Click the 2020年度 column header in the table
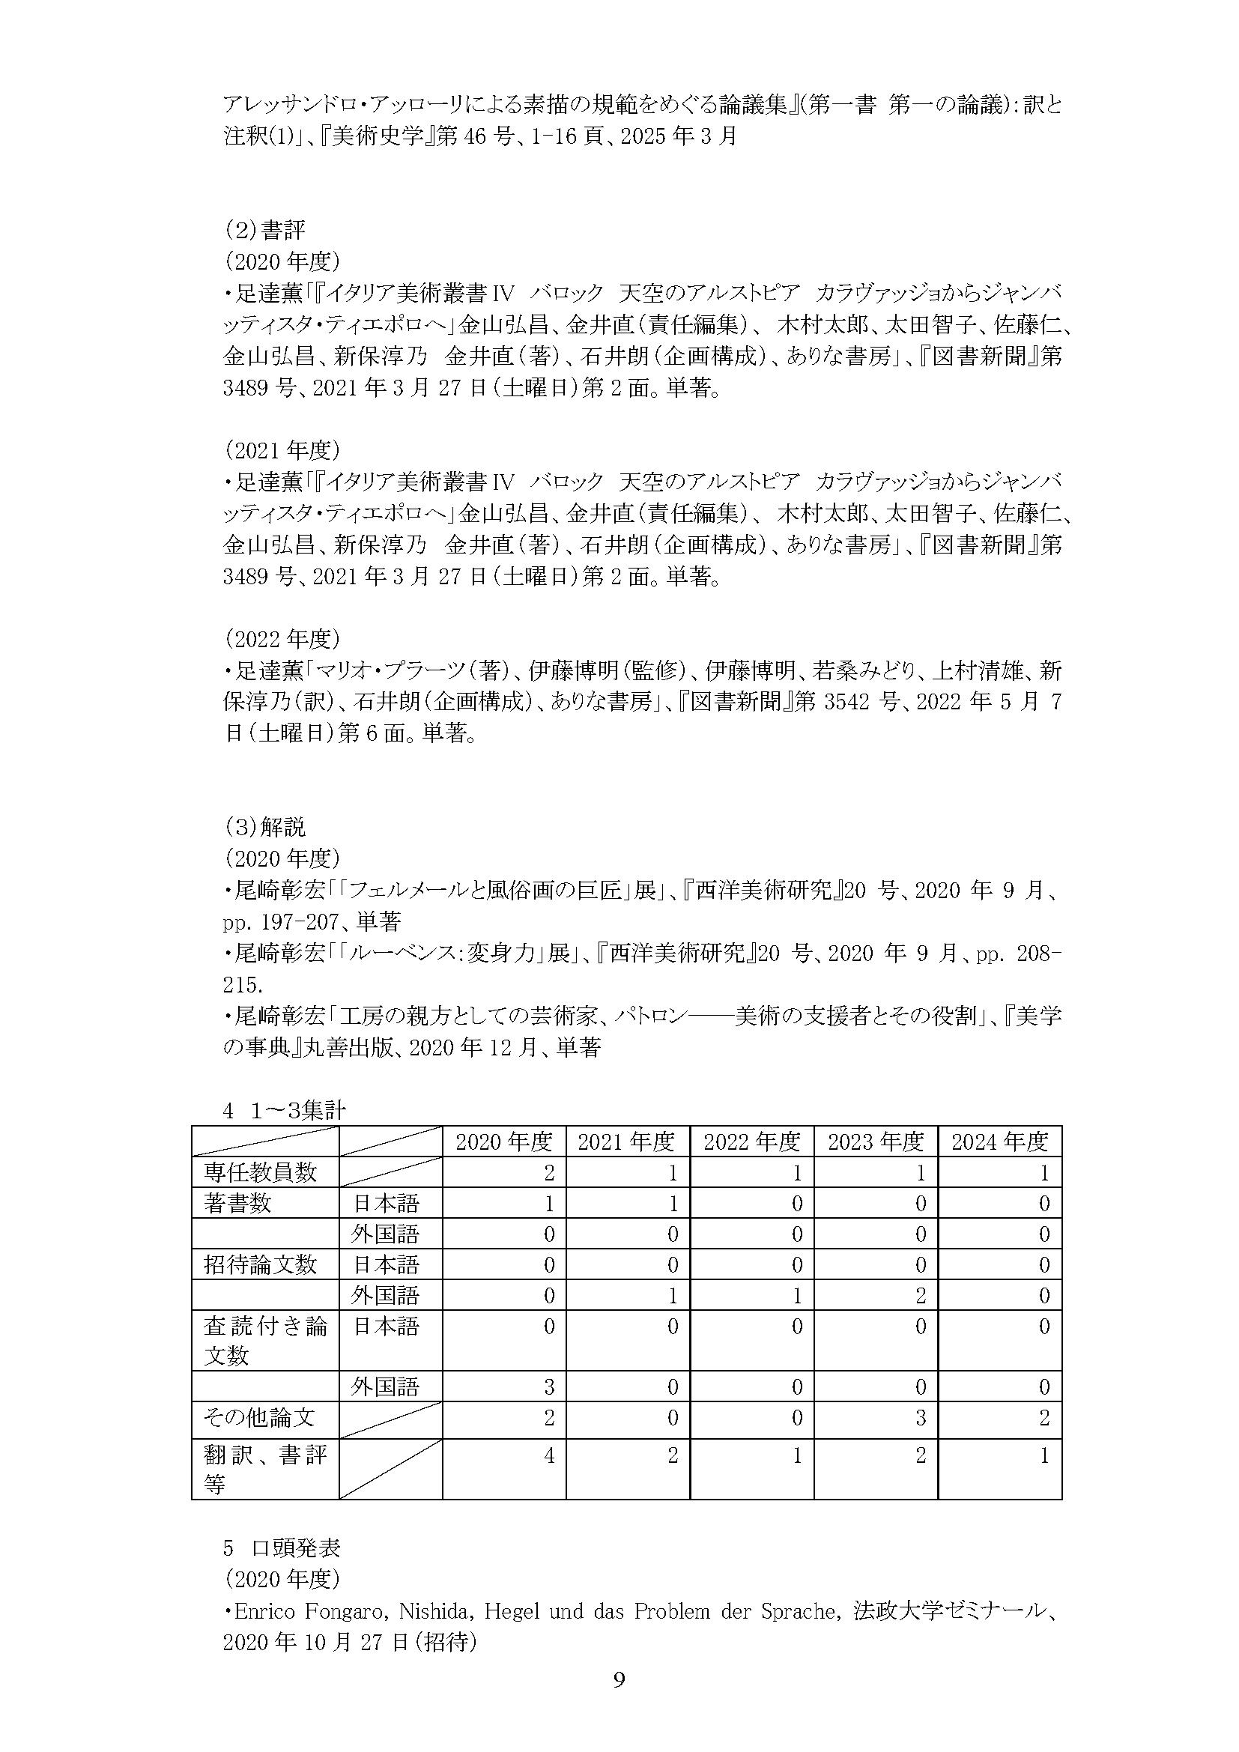click(503, 1142)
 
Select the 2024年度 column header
click(999, 1142)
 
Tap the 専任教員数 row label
click(260, 1172)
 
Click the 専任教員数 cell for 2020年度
click(548, 1173)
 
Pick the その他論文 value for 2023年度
click(920, 1418)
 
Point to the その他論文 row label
click(259, 1418)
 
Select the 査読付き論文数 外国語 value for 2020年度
click(548, 1386)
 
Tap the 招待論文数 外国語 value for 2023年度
click(920, 1295)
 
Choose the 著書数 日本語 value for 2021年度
click(672, 1204)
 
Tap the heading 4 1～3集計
click(284, 1110)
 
